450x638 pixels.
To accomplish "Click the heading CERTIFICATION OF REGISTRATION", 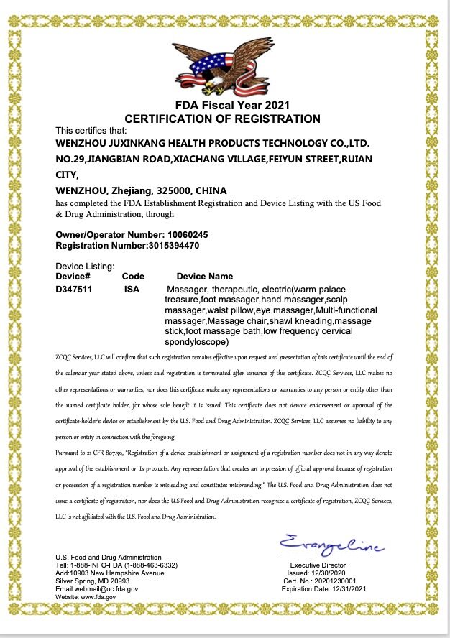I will point(222,119).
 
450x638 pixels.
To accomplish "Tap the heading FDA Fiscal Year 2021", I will point(222,106).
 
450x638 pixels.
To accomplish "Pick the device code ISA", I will point(132,289).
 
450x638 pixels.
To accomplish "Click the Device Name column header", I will point(205,276).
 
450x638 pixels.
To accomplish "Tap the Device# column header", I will point(73,276).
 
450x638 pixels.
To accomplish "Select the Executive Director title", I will point(318,565).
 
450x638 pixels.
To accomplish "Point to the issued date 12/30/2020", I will point(331,573).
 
